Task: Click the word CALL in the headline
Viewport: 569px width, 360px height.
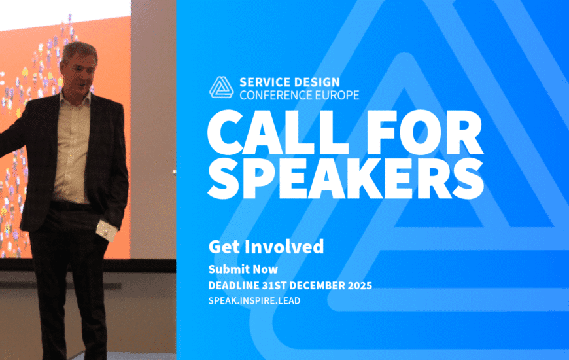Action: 277,133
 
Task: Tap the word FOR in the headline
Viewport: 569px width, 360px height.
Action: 424,133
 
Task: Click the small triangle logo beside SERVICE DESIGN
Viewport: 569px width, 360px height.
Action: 221,87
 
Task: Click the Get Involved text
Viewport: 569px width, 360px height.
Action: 266,247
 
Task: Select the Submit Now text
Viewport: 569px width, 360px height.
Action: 243,269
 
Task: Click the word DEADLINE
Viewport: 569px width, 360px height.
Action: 233,285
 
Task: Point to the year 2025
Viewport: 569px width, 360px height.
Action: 360,285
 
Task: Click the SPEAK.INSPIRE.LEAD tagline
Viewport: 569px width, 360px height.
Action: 254,301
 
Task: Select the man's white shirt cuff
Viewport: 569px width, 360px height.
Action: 107,230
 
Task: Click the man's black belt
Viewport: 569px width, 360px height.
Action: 70,206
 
